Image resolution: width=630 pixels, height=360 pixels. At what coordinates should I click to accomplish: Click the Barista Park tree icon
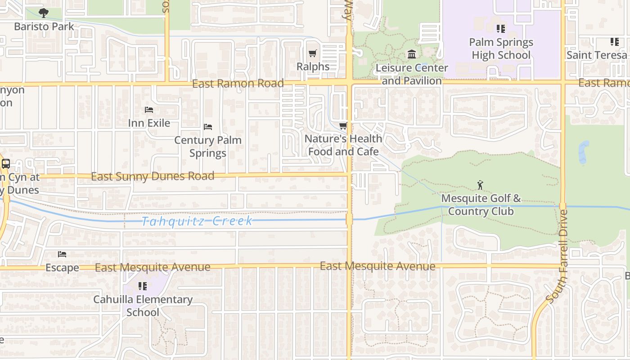pos(43,13)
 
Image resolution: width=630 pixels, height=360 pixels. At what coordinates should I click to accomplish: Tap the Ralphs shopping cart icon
pos(313,53)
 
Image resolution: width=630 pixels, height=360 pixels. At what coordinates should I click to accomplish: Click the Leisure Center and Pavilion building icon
pos(411,54)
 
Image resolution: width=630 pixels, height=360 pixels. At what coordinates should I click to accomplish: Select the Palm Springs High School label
pos(501,49)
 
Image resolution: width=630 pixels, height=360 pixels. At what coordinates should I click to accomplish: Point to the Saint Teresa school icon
pos(614,42)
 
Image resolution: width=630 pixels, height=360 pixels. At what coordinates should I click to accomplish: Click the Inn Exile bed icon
pos(149,110)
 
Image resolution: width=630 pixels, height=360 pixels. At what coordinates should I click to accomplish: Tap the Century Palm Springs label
pos(208,147)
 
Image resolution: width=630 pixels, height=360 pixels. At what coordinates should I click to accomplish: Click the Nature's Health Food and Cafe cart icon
pos(343,126)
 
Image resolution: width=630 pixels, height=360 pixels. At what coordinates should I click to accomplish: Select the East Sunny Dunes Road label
pos(153,176)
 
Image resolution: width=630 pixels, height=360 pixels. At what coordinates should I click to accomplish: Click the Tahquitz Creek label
pos(197,221)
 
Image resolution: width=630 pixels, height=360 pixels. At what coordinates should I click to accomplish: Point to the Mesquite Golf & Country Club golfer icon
pos(480,185)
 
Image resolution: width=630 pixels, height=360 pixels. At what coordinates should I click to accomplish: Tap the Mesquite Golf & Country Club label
pos(481,205)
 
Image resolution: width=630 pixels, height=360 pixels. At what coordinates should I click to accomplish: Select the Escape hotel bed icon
pos(62,254)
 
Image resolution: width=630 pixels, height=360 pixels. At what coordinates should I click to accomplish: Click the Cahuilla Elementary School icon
pos(142,286)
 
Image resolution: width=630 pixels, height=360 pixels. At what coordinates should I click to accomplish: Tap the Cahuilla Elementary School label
pos(143,306)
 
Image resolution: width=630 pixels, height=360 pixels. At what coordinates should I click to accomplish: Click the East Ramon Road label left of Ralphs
pos(238,84)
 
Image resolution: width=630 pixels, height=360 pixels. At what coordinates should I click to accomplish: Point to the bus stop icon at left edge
pos(5,164)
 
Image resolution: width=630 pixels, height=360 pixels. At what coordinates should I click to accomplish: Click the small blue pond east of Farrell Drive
pos(584,152)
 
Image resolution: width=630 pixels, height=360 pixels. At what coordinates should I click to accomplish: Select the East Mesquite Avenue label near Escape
pos(153,267)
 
